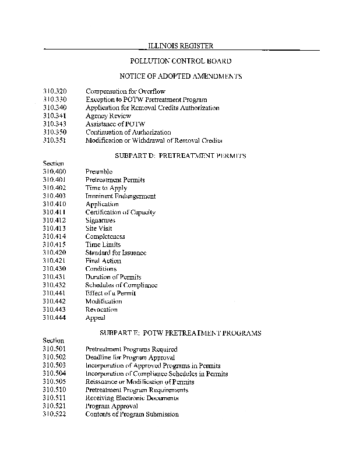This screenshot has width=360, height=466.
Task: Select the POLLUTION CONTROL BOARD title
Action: (181, 61)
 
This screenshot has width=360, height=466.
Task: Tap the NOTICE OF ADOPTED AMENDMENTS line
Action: (181, 76)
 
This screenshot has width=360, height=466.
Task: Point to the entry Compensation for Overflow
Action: (125, 91)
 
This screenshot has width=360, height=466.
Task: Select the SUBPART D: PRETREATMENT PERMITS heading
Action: (181, 156)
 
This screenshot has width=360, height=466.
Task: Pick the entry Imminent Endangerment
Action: (121, 196)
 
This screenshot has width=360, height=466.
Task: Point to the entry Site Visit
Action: (99, 229)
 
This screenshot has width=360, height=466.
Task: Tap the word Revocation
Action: (101, 310)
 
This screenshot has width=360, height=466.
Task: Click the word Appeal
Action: (95, 318)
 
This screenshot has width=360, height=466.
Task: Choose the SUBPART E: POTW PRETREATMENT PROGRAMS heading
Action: (181, 333)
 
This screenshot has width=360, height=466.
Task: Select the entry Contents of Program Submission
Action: (132, 414)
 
